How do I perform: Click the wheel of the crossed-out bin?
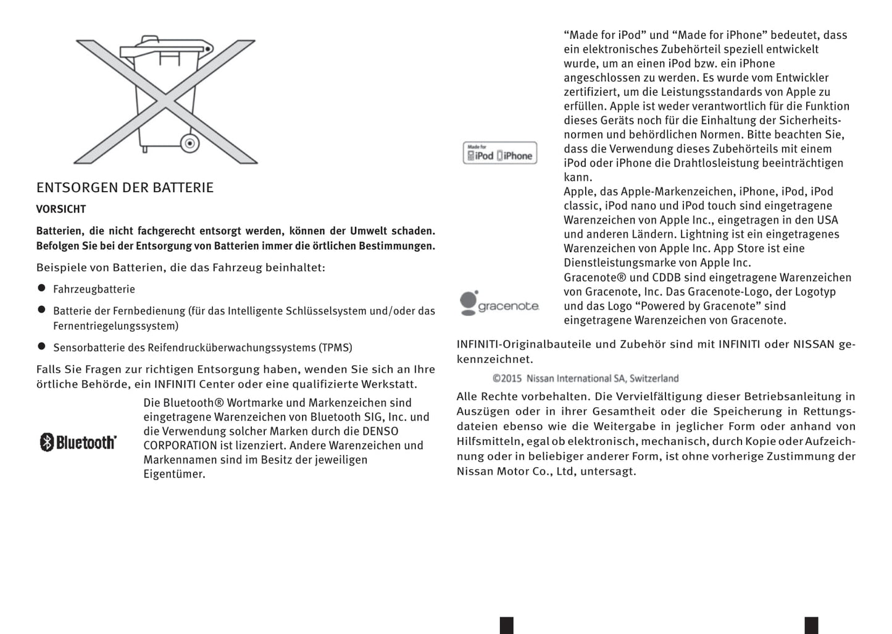click(190, 144)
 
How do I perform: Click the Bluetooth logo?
click(78, 442)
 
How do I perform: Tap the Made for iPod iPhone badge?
click(500, 153)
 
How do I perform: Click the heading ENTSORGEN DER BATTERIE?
click(125, 188)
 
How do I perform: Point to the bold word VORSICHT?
click(61, 209)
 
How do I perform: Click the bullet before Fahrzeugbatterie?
click(42, 288)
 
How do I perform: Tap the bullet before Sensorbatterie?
click(42, 347)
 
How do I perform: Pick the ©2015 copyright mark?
click(507, 378)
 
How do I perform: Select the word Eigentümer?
click(174, 474)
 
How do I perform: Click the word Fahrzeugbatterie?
click(94, 289)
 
